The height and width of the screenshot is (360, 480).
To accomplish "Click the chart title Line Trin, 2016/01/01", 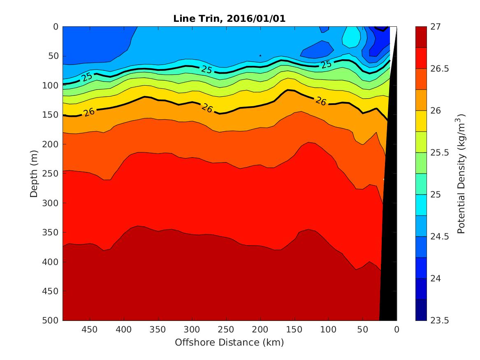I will [229, 18].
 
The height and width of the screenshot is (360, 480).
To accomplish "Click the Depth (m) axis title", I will [35, 173].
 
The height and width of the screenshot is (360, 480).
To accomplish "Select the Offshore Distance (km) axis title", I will [229, 342].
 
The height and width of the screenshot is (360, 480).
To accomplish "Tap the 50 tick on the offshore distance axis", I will [362, 330].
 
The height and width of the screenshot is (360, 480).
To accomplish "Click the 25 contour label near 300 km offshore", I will [206, 70].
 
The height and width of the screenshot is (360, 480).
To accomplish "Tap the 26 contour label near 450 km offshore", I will [88, 112].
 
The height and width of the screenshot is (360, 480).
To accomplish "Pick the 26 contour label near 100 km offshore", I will [320, 101].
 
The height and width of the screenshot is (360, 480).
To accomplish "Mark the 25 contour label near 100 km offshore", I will [326, 65].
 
